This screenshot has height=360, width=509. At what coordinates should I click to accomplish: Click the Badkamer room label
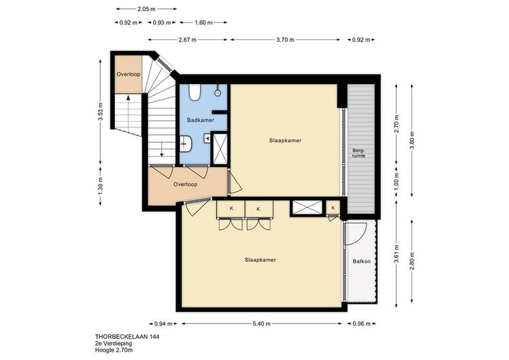coord(201,120)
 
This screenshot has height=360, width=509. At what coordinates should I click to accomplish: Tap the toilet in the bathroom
coord(195,92)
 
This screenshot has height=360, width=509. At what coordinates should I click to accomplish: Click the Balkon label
coord(362,261)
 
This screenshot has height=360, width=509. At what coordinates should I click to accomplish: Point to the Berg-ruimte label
coord(359,153)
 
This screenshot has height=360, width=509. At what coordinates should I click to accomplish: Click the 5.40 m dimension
coord(262,323)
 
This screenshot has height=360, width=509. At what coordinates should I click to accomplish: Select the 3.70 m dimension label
coord(285,40)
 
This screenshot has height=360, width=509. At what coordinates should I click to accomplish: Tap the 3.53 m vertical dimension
coord(101,112)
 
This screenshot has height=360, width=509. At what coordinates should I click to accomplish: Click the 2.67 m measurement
coord(188,40)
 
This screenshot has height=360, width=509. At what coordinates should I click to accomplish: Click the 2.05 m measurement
coord(147,9)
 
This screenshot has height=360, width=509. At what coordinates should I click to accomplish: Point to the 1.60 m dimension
coord(204,22)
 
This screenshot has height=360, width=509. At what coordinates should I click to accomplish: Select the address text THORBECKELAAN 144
coord(127,337)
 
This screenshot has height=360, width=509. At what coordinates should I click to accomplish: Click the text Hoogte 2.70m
coord(114,350)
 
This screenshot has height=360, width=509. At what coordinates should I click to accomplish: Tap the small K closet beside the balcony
coord(333,208)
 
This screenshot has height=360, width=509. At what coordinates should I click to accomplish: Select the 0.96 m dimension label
coord(361,323)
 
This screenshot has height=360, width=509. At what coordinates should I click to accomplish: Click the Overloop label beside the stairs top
coord(129,74)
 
